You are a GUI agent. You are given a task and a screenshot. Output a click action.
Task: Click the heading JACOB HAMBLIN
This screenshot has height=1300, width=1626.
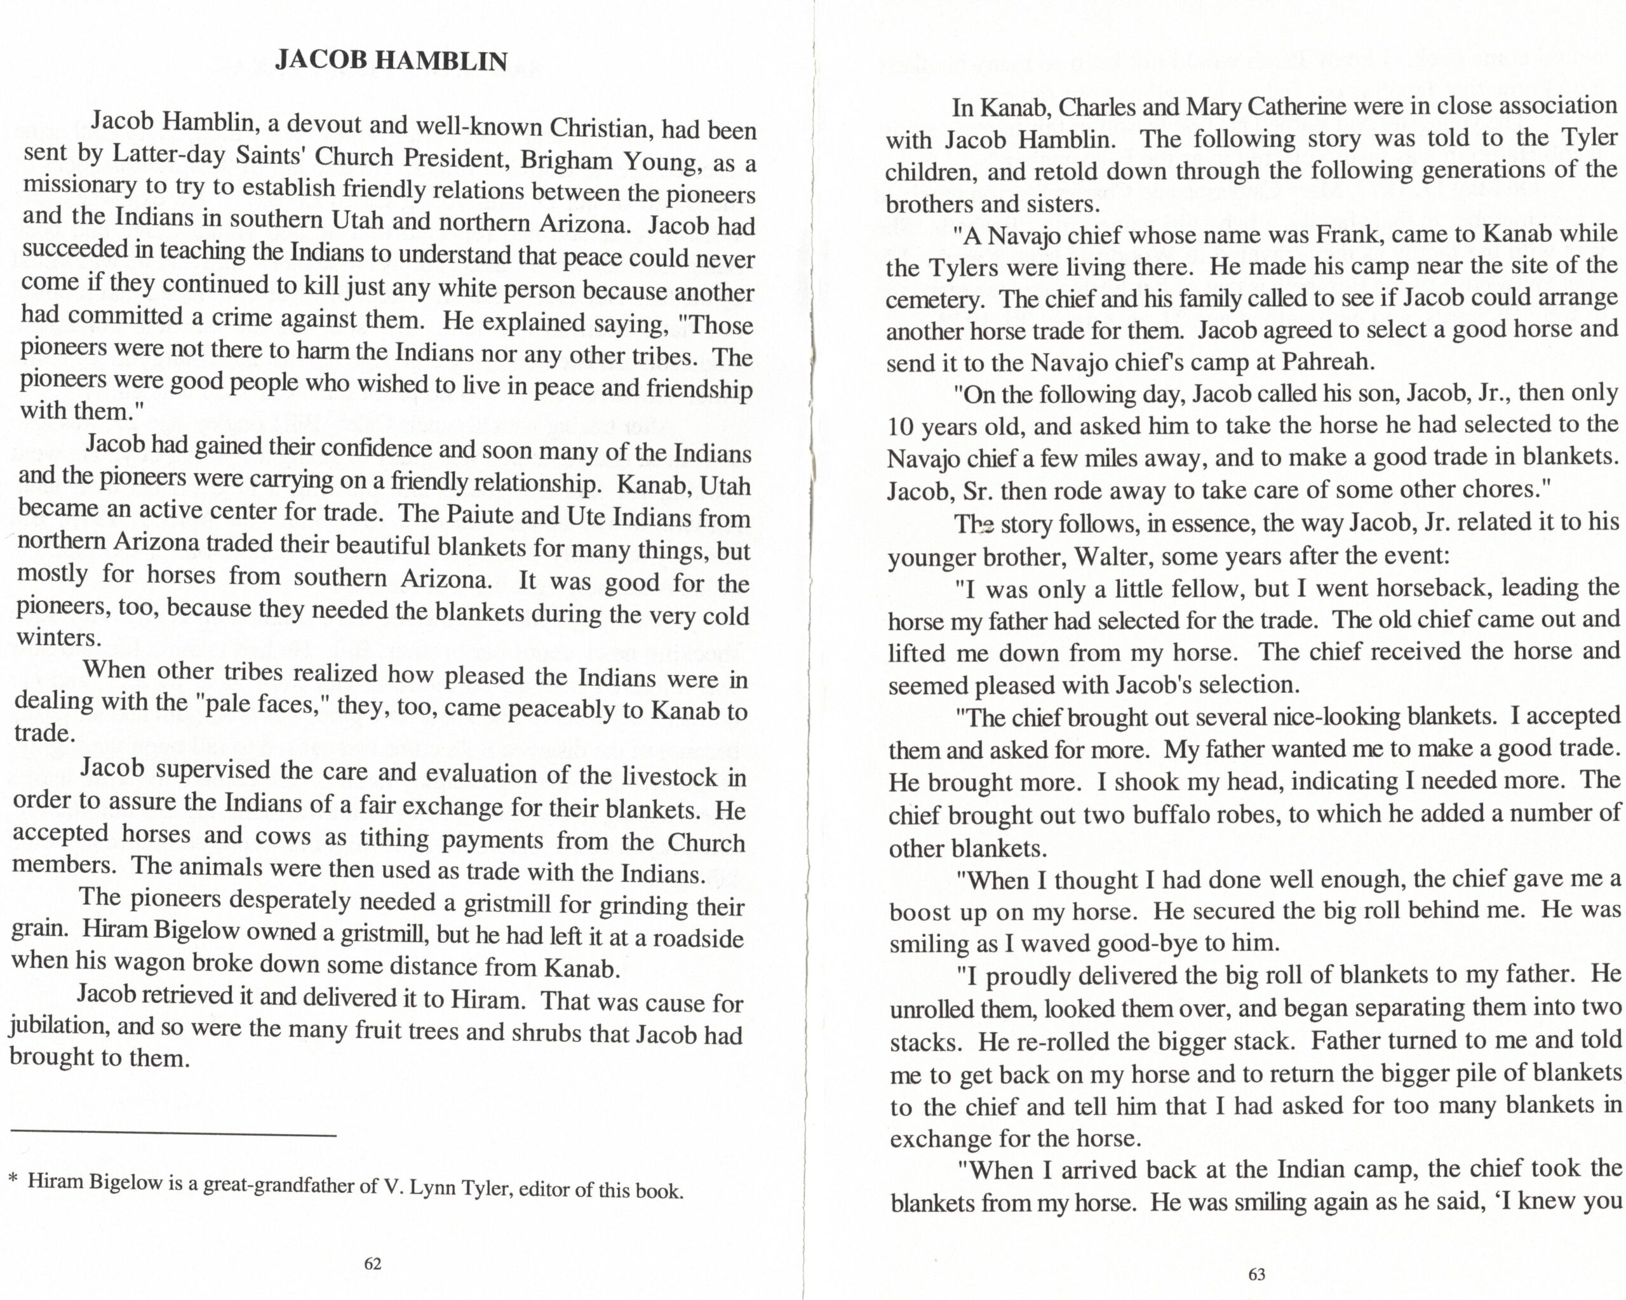(391, 60)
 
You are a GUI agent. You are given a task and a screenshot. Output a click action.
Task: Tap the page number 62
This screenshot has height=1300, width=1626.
(373, 1264)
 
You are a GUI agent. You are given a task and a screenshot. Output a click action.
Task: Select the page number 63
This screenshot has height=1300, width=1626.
(1256, 1275)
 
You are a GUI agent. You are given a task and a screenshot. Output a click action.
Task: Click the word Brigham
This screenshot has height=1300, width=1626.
(560, 161)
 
